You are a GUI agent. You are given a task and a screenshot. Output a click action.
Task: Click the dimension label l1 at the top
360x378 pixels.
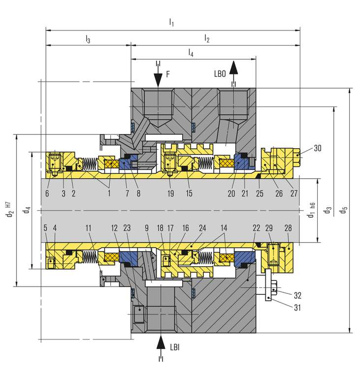[x=171, y=23]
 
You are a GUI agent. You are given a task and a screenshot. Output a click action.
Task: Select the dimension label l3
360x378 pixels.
[x=88, y=39]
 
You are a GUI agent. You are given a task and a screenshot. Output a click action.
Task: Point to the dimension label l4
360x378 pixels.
[x=191, y=53]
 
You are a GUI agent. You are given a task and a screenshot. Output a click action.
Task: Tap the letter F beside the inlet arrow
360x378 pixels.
[x=168, y=74]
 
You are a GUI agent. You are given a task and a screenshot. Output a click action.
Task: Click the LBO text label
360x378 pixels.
[x=220, y=74]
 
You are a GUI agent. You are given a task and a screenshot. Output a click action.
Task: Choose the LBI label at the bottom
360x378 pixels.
[x=175, y=347]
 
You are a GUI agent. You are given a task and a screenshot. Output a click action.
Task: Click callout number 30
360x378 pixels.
[x=318, y=148]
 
